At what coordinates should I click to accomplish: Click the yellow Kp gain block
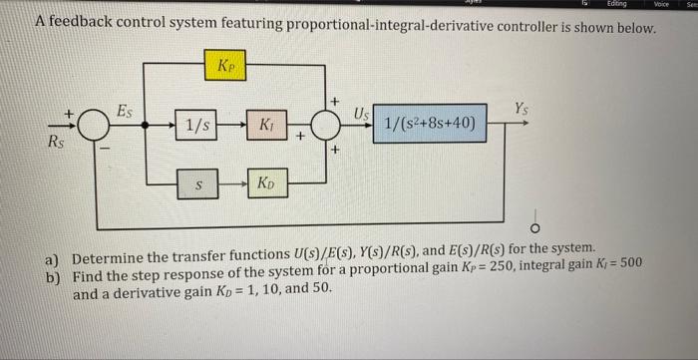(226, 66)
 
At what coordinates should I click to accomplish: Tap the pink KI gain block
(265, 126)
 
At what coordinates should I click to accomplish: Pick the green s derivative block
(197, 184)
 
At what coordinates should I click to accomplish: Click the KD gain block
(266, 184)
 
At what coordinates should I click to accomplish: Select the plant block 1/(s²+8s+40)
(430, 125)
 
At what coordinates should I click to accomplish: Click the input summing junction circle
(96, 126)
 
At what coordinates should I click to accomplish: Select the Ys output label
(523, 108)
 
